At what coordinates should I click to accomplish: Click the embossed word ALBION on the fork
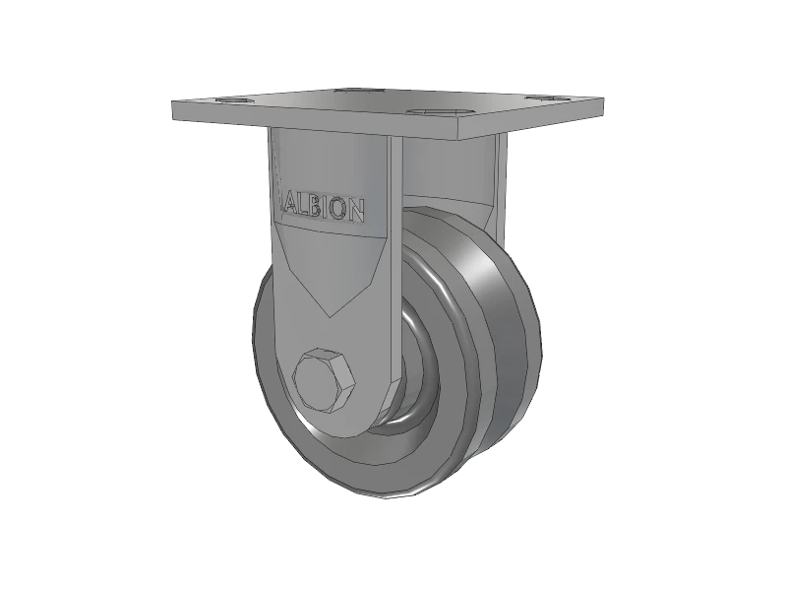pos(326,208)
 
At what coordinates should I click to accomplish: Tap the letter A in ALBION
pos(291,205)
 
